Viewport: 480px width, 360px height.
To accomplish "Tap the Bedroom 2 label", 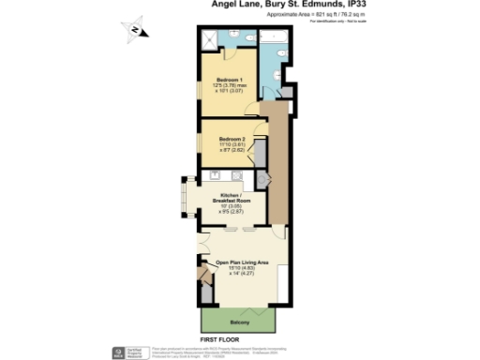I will pos(232,138).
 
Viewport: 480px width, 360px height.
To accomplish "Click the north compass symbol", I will pos(137,30).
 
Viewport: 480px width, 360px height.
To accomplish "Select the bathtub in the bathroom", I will pos(277,37).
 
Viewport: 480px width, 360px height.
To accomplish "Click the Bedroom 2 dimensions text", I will pos(232,148).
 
